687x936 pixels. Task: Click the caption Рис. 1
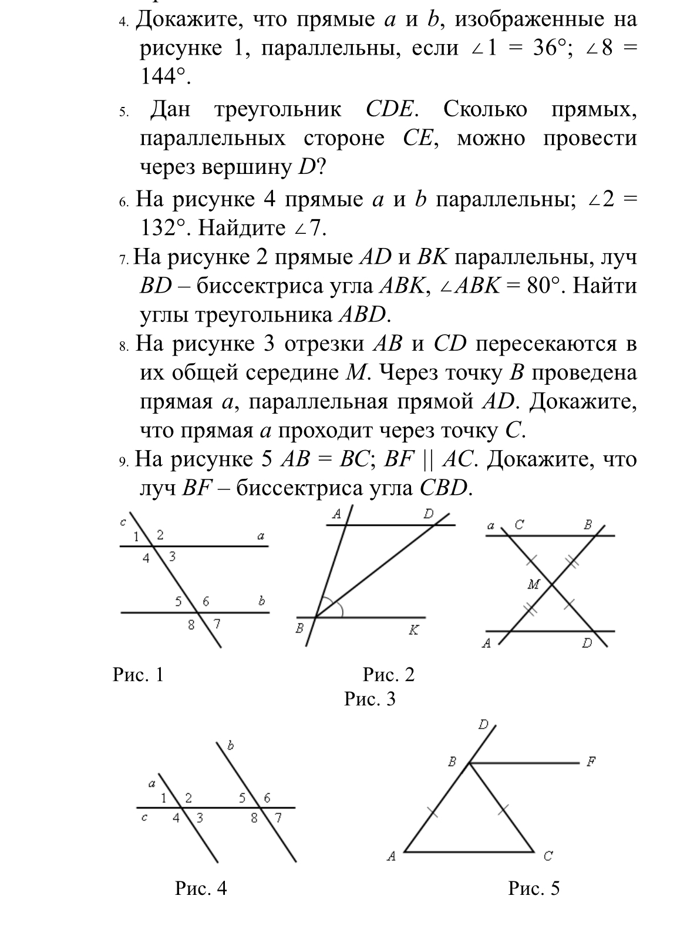point(138,675)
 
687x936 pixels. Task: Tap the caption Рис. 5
point(534,888)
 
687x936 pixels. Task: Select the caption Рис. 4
point(201,888)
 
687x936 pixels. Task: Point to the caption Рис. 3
point(370,699)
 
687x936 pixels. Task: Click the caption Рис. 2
point(389,675)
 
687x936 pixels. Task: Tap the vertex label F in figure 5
point(591,763)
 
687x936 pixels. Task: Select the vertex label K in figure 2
point(413,630)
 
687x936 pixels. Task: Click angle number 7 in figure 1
point(216,624)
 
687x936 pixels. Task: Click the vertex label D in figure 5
point(483,724)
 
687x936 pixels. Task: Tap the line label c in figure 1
point(123,522)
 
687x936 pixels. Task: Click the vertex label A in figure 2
point(337,514)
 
